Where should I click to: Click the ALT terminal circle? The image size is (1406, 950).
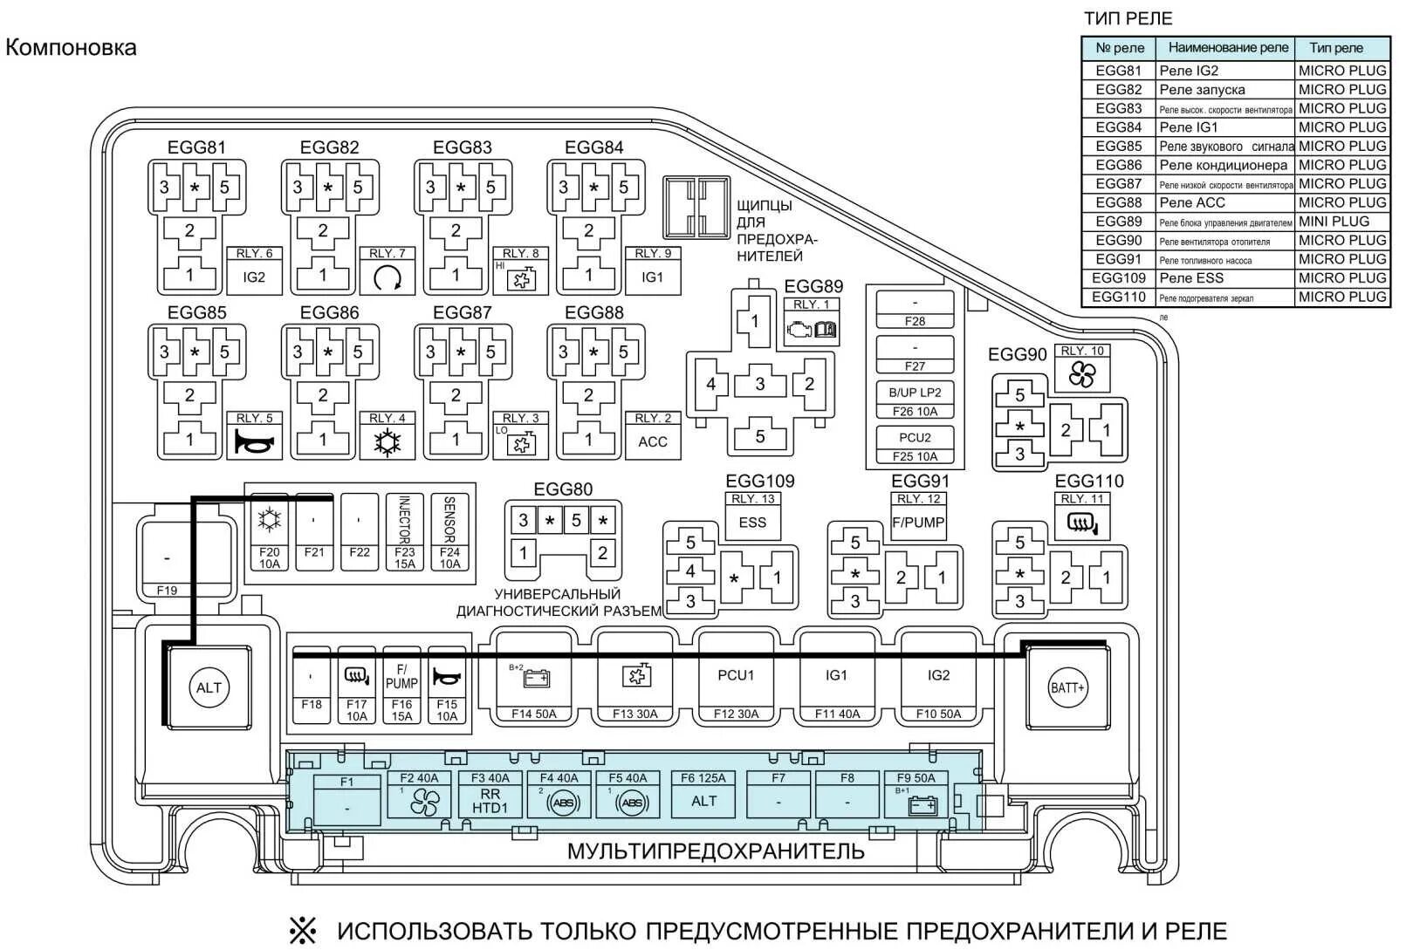pyautogui.click(x=209, y=687)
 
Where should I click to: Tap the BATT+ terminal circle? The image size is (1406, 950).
pyautogui.click(x=1067, y=687)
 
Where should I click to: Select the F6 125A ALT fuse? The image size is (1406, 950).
pyautogui.click(x=703, y=793)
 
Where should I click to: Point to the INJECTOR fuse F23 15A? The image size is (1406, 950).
pyautogui.click(x=404, y=532)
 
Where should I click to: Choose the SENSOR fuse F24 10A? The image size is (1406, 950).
pyautogui.click(x=449, y=532)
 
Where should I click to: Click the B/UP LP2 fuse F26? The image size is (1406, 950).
pyautogui.click(x=915, y=401)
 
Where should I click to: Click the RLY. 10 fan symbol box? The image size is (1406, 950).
pyautogui.click(x=1082, y=368)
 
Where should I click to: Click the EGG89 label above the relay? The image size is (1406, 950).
pyautogui.click(x=813, y=286)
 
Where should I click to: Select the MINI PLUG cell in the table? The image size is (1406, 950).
pyautogui.click(x=1341, y=222)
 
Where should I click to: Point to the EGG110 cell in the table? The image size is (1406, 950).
pyautogui.click(x=1118, y=297)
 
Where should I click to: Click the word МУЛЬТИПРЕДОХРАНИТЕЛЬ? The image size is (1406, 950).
pyautogui.click(x=716, y=851)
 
